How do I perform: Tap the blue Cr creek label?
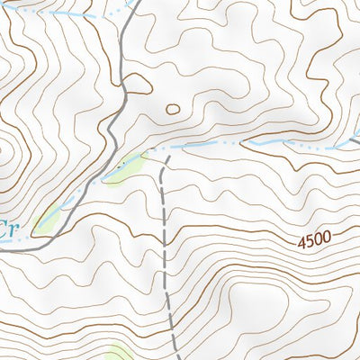8,227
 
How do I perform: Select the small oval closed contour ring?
173,110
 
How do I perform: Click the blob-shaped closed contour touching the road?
137,84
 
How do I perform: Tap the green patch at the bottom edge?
120,352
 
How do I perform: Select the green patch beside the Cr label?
49,215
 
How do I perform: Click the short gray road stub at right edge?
355,138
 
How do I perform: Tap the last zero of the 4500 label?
327,238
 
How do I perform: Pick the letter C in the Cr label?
4,227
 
